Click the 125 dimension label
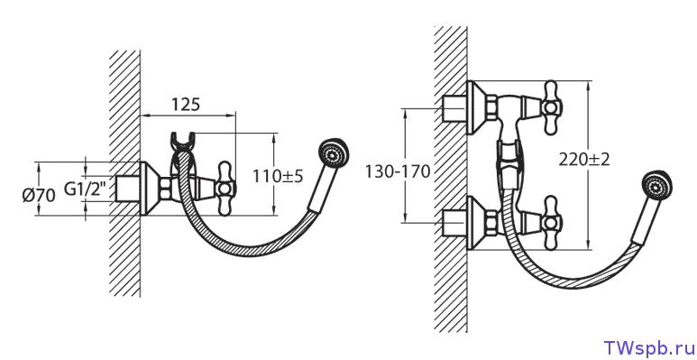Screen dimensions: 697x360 point(186,104)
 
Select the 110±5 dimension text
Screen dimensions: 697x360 point(278,176)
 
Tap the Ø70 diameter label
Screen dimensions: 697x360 point(39,195)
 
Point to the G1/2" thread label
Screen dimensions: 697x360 point(86,189)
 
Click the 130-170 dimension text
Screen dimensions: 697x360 point(398,171)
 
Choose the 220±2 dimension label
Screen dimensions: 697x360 point(584,160)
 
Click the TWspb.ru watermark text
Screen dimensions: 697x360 point(648,347)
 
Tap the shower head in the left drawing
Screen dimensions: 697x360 point(335,154)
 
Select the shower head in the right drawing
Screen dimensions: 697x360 point(656,186)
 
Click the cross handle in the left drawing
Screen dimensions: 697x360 point(225,189)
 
